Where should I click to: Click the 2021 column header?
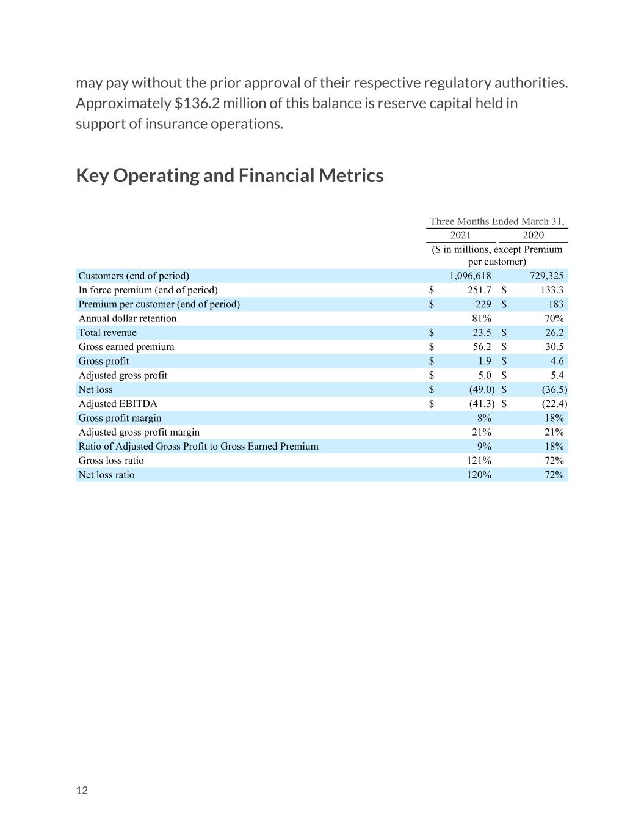click(460, 235)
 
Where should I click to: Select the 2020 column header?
click(534, 235)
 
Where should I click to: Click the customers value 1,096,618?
click(470, 276)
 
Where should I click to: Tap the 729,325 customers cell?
click(546, 276)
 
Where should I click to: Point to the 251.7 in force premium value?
click(479, 290)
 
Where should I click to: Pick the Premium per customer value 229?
click(483, 304)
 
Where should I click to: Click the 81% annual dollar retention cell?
click(482, 318)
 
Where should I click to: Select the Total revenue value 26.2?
click(554, 332)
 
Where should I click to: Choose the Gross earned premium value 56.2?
click(482, 346)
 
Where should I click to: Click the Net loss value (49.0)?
click(482, 389)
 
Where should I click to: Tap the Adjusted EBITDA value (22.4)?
click(554, 403)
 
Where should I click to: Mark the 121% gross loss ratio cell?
click(479, 460)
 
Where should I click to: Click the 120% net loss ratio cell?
click(479, 474)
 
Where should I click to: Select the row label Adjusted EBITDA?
click(118, 403)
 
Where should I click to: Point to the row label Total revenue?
click(107, 332)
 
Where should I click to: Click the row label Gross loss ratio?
click(111, 460)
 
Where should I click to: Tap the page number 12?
click(82, 790)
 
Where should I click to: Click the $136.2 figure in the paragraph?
click(197, 103)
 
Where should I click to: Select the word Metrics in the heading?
click(351, 175)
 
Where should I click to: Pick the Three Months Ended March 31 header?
click(497, 221)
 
